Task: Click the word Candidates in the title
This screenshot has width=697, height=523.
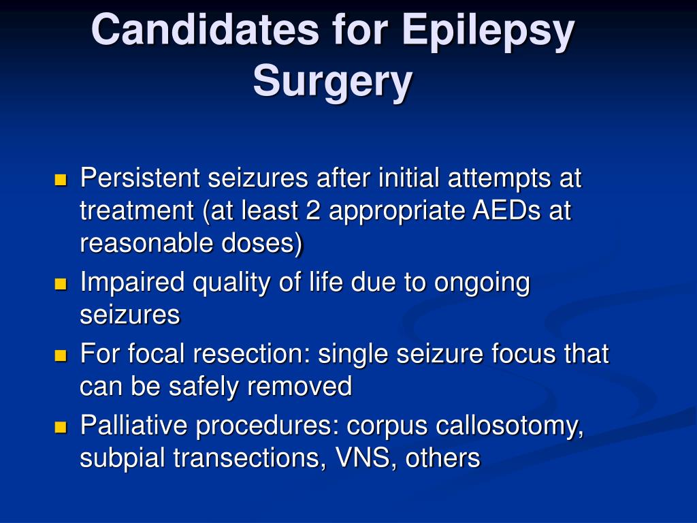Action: tap(205, 29)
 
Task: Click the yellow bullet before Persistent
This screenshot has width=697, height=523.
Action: tap(60, 180)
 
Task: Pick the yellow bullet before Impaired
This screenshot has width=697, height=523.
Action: tap(60, 284)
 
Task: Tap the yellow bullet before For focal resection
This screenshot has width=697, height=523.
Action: tap(60, 355)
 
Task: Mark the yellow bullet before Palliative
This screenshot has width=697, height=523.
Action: tap(60, 428)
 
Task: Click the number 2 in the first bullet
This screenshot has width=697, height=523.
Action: tap(313, 210)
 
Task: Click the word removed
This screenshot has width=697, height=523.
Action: tap(299, 387)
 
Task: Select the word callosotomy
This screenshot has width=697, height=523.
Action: tap(509, 426)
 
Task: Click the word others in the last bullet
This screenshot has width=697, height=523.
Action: tap(442, 458)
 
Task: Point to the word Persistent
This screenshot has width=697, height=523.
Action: tap(140, 178)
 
